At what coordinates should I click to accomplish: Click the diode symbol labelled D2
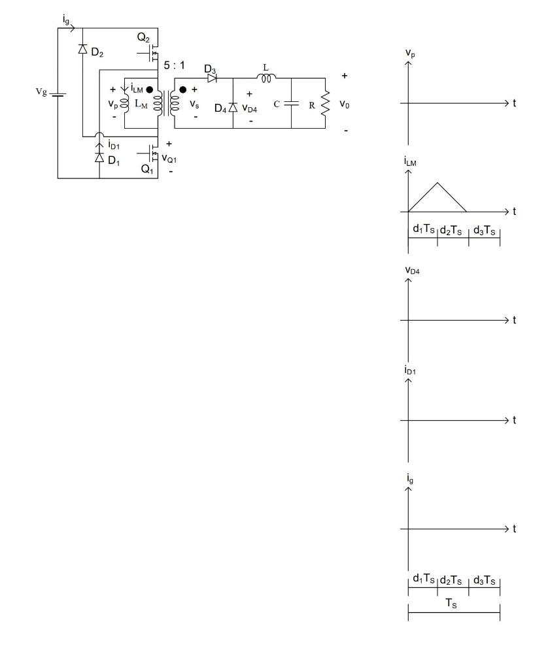coord(83,48)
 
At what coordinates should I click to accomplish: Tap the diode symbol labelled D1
coord(99,157)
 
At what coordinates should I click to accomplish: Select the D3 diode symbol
coord(212,78)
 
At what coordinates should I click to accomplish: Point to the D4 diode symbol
coord(233,106)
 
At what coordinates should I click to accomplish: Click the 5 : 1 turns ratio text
coord(180,65)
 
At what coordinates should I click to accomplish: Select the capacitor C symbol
coord(290,103)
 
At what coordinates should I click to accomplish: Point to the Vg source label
coord(41,93)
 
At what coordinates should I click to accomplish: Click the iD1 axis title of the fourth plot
coord(411,370)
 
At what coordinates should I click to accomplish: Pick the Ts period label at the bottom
coord(453,604)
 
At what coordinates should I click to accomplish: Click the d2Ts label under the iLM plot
coord(453,229)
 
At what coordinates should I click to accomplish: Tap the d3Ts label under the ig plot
coord(485,579)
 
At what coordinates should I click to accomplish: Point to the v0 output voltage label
coord(345,103)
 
